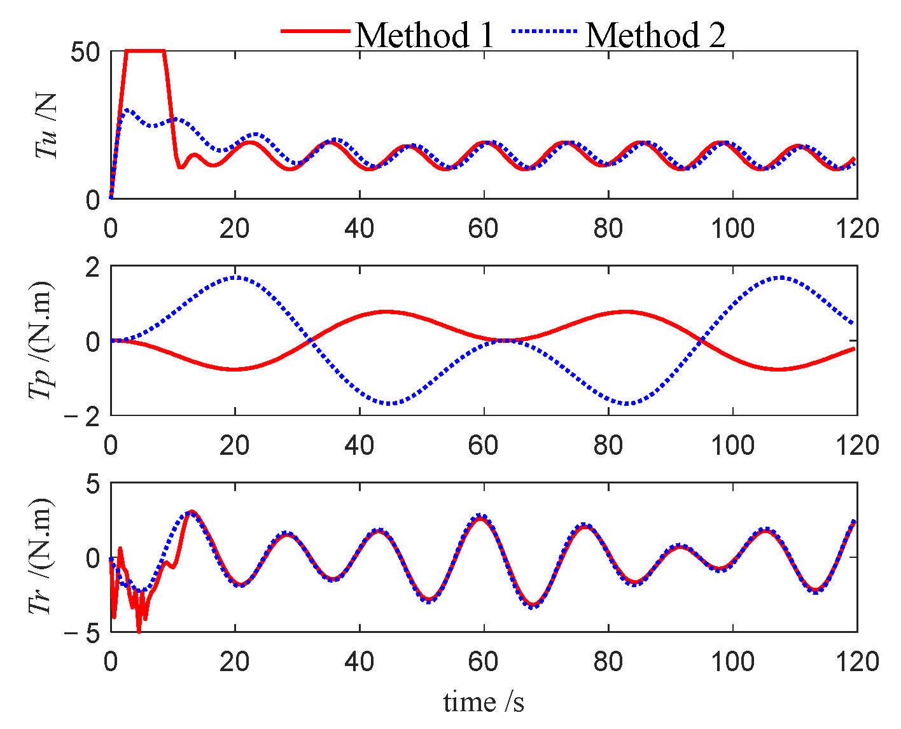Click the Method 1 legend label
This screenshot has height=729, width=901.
(x=424, y=34)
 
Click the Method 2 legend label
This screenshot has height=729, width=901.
(x=655, y=34)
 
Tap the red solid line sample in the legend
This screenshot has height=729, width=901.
(x=316, y=31)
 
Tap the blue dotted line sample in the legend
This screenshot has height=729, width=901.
(x=545, y=31)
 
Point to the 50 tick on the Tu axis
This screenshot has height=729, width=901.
(x=85, y=52)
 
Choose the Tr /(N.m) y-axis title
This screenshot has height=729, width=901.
(x=42, y=557)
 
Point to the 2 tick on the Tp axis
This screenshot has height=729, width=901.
(x=93, y=267)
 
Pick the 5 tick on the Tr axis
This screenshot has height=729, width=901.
(x=93, y=485)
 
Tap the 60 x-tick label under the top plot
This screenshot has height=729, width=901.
(x=484, y=228)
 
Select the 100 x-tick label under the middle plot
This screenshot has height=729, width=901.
(x=732, y=445)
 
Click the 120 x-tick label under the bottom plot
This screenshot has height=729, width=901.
(x=856, y=662)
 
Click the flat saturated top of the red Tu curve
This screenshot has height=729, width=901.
(x=145, y=50)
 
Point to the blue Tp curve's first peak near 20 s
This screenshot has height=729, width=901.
(x=235, y=277)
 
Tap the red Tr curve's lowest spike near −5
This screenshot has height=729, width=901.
(x=139, y=630)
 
